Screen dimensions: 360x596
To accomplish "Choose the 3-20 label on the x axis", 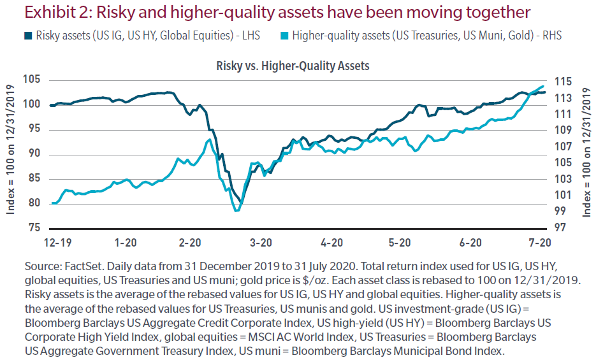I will pos(260,243).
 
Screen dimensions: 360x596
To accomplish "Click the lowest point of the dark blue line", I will pos(240,202).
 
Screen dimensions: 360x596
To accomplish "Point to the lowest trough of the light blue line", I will pos(236,210).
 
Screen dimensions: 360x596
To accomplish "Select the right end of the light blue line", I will pos(543,87).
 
